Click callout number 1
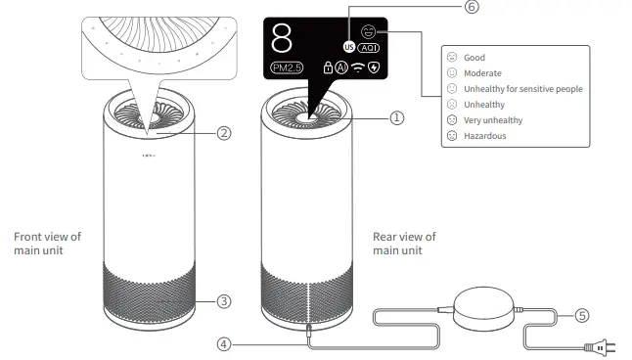coord(396,117)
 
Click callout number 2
coord(224,134)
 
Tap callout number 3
coord(224,301)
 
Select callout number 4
coord(224,344)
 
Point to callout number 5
coord(581,315)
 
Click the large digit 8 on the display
coord(282,38)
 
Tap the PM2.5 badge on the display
coord(287,68)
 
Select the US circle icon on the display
coord(348,46)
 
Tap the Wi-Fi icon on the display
coord(358,69)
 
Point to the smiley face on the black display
coord(368,31)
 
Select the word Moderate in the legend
coord(481,73)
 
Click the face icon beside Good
coord(451,58)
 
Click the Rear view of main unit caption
coord(404,244)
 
